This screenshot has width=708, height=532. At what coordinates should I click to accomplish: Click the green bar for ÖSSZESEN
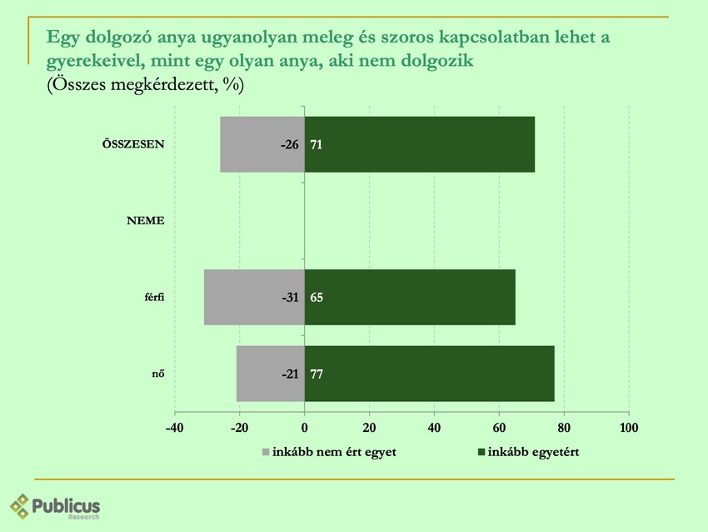420,144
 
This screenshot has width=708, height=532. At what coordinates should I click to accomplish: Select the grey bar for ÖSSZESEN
250,144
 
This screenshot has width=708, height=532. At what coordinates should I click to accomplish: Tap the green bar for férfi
410,297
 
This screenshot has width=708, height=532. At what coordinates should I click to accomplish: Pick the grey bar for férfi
242,297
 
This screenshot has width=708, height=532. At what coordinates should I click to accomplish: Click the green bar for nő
430,374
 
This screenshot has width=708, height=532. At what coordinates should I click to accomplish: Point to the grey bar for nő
258,374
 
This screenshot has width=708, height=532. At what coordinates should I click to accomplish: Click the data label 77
317,374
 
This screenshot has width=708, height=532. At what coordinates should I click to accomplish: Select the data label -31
290,298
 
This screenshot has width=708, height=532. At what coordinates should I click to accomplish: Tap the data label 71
317,145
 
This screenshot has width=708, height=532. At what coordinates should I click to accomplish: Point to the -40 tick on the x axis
175,428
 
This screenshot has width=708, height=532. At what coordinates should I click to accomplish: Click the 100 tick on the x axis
629,428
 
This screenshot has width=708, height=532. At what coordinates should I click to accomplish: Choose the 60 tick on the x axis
499,428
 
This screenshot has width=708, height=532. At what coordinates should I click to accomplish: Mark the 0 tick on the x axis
305,428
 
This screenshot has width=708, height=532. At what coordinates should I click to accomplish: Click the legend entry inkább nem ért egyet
329,452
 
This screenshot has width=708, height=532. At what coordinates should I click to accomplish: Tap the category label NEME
145,221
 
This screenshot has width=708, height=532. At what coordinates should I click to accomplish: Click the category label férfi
153,298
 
